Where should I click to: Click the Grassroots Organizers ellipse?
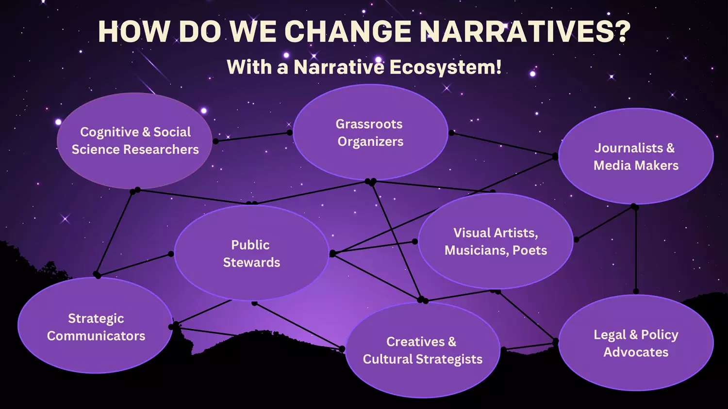point(370,132)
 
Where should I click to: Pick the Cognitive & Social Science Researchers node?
point(134,141)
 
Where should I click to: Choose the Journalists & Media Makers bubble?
point(636,157)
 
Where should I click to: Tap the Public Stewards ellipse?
point(251,253)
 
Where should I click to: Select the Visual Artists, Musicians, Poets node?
point(496,241)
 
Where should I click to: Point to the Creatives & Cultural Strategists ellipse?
point(422,350)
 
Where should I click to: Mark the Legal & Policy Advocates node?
point(636,343)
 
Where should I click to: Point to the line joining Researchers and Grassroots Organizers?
point(252,137)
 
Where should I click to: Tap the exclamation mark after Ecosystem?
point(498,67)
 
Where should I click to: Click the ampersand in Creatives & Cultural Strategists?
point(452,342)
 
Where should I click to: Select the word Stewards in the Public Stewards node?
point(251,262)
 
